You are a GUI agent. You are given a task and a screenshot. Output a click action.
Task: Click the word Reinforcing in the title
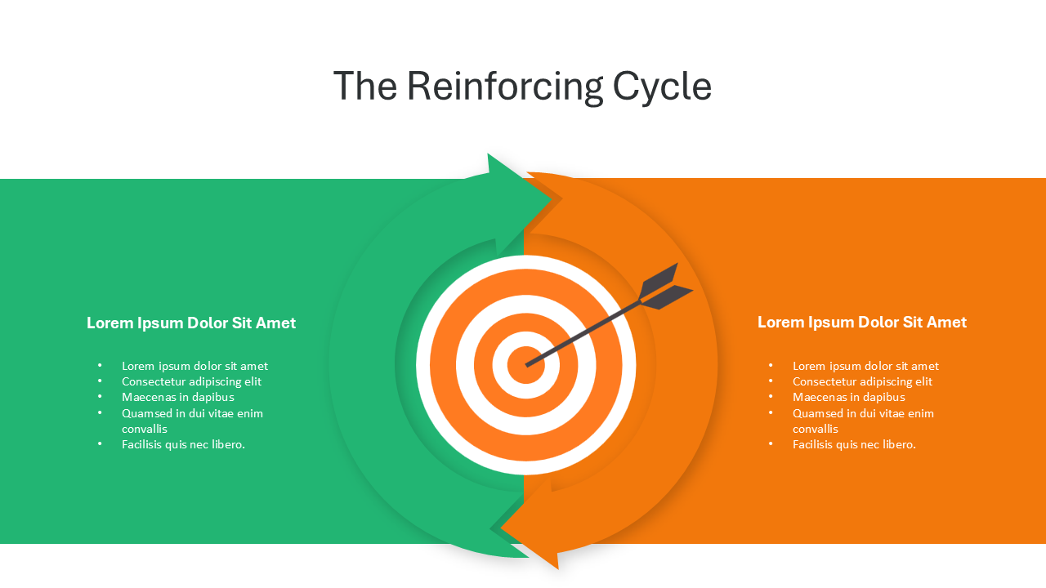tap(503, 87)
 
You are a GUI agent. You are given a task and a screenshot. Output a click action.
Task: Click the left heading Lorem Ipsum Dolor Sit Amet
tap(191, 323)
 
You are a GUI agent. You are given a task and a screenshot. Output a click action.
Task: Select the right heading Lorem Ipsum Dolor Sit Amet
tap(861, 323)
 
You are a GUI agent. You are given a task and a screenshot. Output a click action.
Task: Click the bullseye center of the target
tap(525, 365)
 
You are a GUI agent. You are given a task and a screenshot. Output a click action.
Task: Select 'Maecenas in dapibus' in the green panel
tap(177, 397)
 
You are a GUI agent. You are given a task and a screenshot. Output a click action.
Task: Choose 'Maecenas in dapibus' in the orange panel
tap(848, 397)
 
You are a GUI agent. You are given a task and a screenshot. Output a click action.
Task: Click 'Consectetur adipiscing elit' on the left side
tap(191, 381)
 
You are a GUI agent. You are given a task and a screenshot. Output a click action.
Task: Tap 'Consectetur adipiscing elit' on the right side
tap(862, 381)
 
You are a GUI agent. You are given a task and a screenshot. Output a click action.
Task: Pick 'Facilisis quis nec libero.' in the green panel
tap(183, 444)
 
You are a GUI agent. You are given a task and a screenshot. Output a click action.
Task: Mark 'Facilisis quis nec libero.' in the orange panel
tap(854, 444)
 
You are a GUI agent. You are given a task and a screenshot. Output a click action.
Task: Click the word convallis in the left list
tap(145, 429)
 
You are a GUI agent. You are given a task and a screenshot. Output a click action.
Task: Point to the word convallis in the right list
tap(816, 429)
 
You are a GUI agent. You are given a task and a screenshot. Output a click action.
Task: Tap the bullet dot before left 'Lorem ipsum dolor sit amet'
tap(100, 366)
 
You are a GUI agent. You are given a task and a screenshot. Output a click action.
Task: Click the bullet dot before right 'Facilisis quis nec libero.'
tap(771, 444)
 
